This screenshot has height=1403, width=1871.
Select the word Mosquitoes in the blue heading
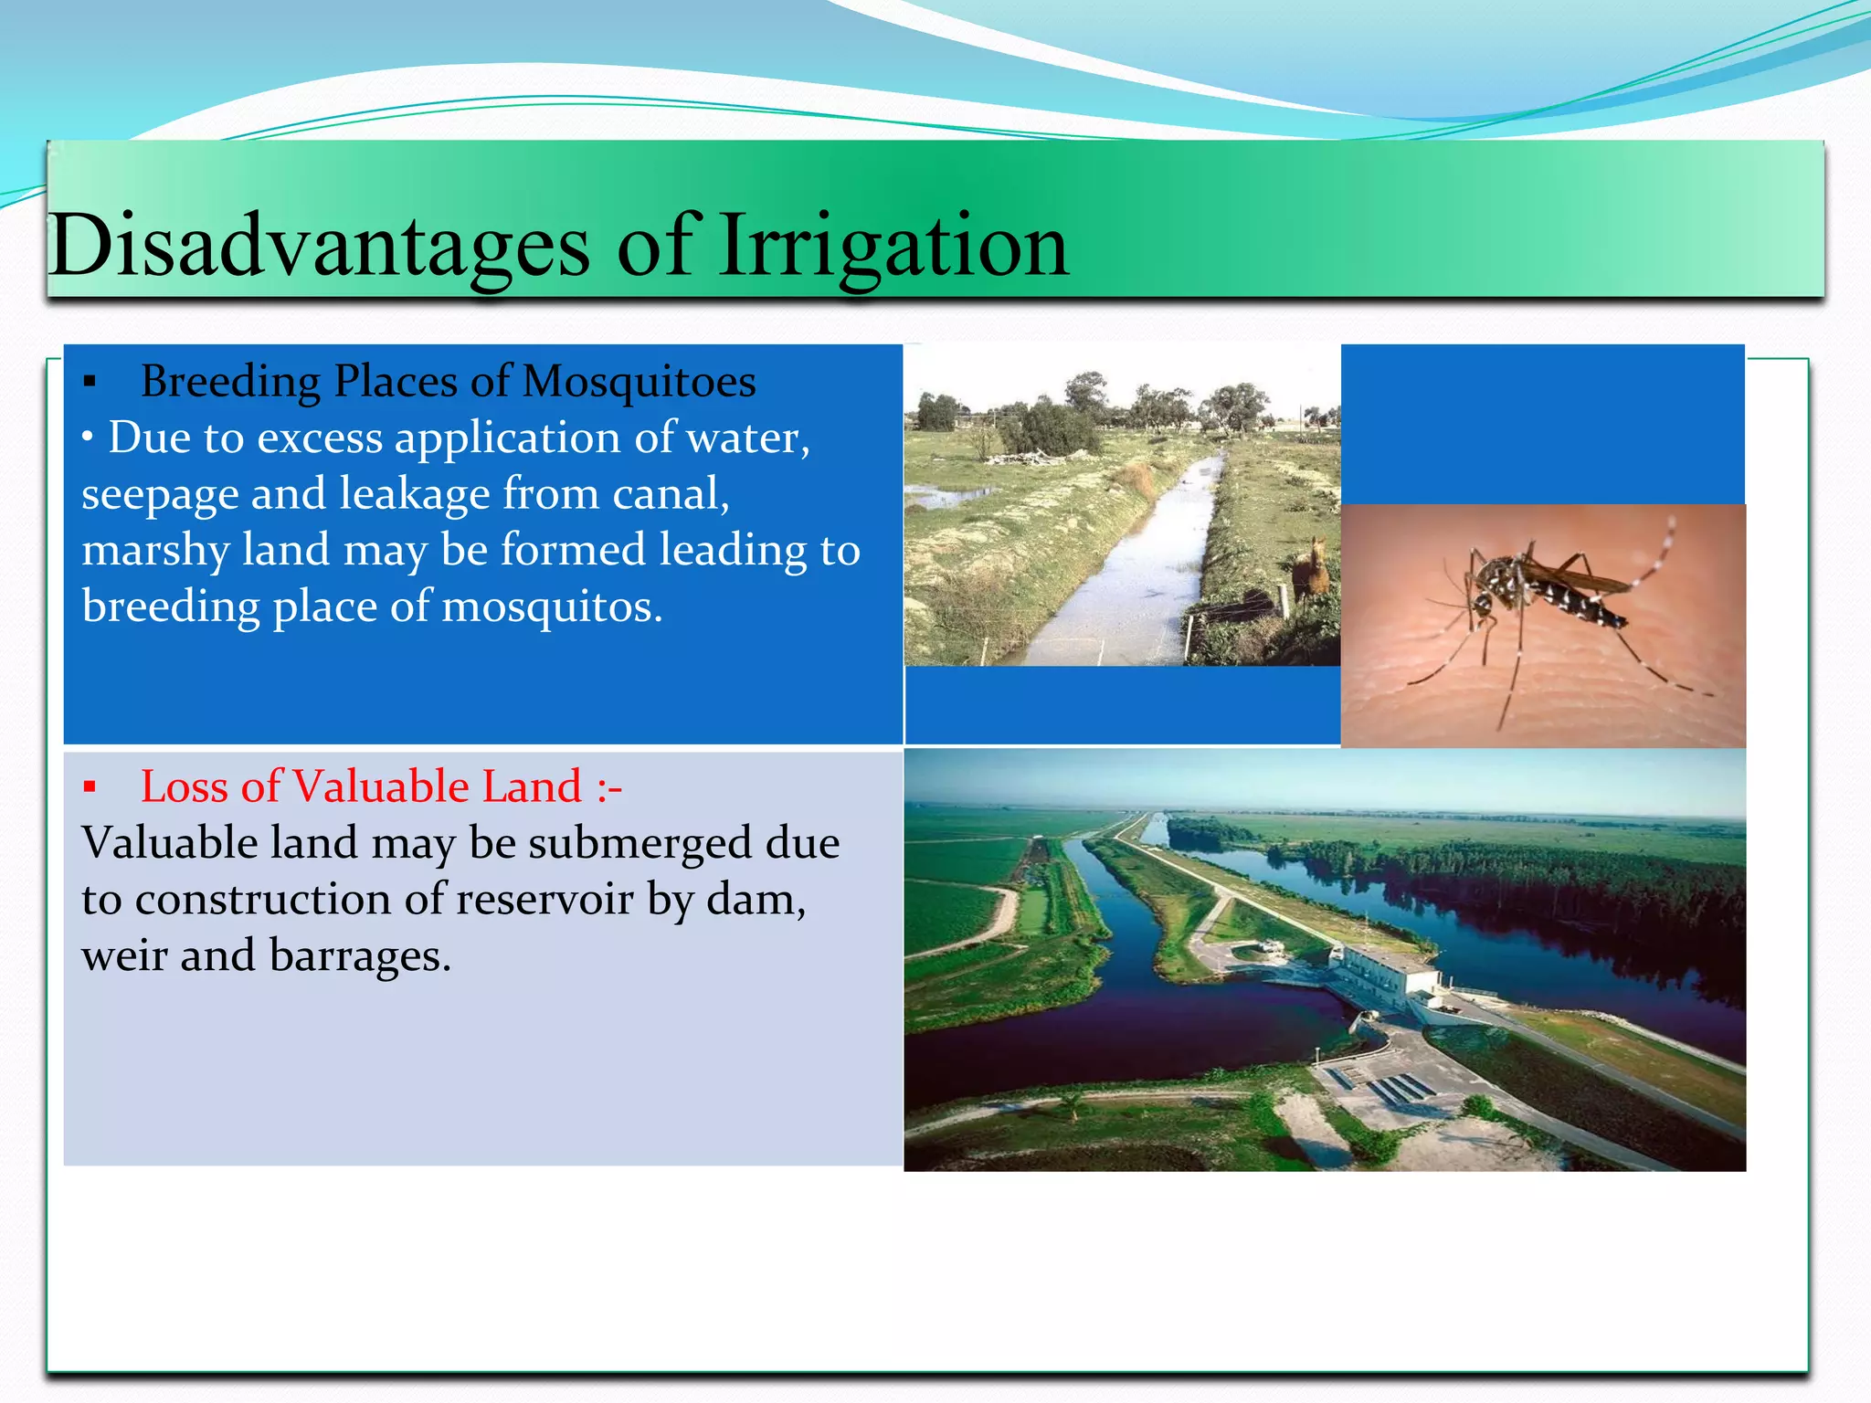(x=640, y=382)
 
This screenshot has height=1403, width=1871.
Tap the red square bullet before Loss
(x=90, y=787)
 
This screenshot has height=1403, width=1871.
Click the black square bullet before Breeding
(x=90, y=383)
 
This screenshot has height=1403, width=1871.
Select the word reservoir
(x=544, y=900)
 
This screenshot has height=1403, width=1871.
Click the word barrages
(x=360, y=956)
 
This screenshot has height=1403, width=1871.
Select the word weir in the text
(x=124, y=956)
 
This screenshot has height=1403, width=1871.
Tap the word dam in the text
(x=755, y=900)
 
